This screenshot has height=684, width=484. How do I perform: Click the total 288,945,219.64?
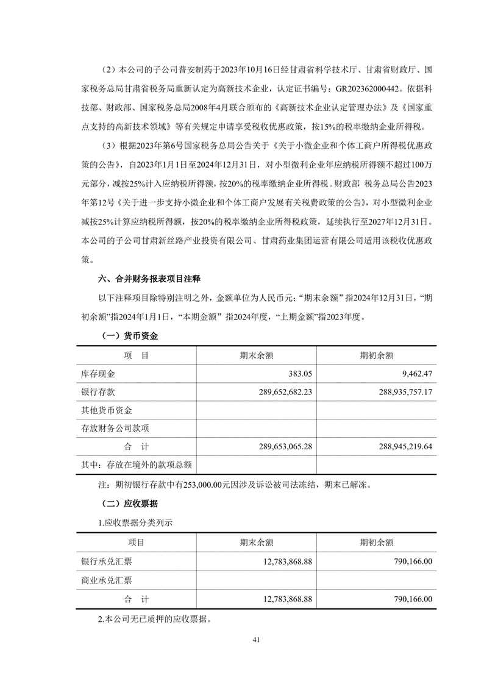pos(396,447)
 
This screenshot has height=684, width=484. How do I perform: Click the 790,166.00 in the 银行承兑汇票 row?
pos(410,561)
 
